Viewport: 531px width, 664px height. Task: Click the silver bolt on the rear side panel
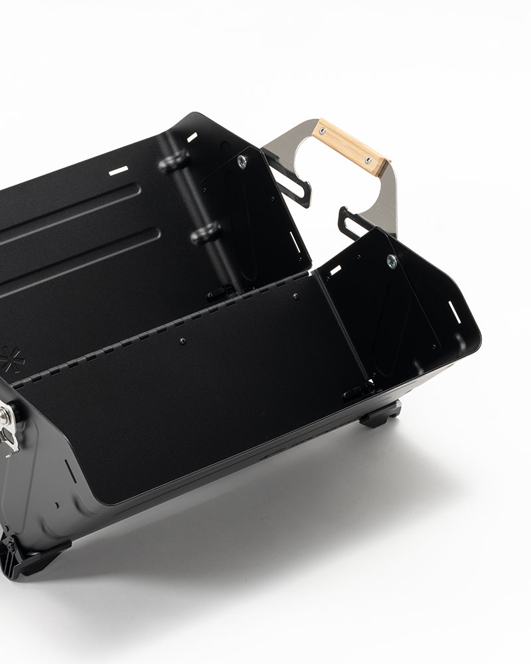[x=242, y=160]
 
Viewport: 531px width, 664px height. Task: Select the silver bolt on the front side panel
[x=392, y=261]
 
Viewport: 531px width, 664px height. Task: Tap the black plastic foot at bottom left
[x=27, y=558]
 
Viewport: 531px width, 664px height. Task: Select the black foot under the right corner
[x=380, y=415]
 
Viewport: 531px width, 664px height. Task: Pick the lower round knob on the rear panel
[x=205, y=233]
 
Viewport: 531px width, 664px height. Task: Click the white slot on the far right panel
[x=455, y=312]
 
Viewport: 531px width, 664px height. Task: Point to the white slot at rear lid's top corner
[x=192, y=137]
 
